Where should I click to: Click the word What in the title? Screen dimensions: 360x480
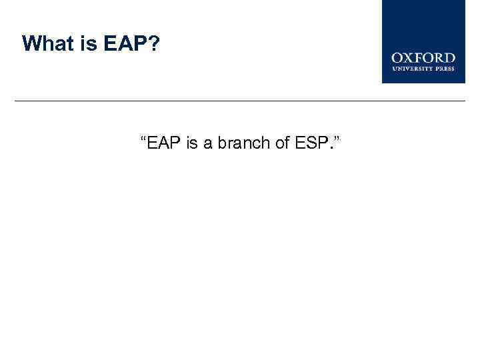tap(46, 44)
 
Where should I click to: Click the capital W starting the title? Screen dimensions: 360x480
tap(31, 44)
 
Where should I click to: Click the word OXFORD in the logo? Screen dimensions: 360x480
tap(423, 58)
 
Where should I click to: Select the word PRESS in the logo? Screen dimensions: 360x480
tap(445, 68)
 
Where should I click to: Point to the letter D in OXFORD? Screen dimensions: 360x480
tap(449, 58)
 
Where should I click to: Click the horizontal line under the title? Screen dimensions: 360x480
tap(240, 101)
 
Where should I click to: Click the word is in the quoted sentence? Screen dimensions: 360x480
tap(192, 143)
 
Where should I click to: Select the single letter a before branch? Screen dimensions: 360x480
tap(208, 143)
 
